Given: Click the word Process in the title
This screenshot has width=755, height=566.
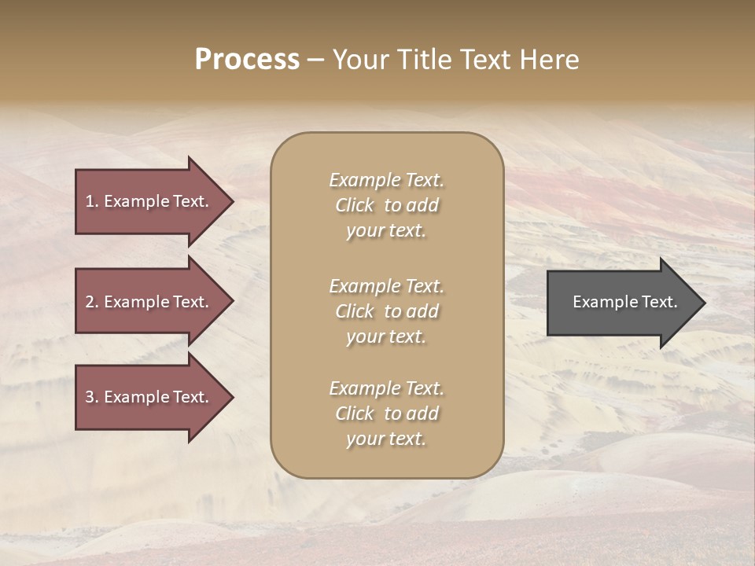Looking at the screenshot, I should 247,60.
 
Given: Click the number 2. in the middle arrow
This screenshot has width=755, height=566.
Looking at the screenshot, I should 92,302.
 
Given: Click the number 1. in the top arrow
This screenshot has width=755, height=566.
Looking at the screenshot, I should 92,201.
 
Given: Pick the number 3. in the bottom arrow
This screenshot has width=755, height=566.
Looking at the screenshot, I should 92,397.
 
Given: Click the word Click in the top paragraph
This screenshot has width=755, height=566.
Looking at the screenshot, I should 355,205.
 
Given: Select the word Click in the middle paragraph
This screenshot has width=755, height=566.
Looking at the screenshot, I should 355,311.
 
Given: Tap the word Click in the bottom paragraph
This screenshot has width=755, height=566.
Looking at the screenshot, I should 355,413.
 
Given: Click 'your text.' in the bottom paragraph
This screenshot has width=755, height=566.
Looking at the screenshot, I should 386,439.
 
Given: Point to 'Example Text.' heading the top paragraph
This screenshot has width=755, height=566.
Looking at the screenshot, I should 386,180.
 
